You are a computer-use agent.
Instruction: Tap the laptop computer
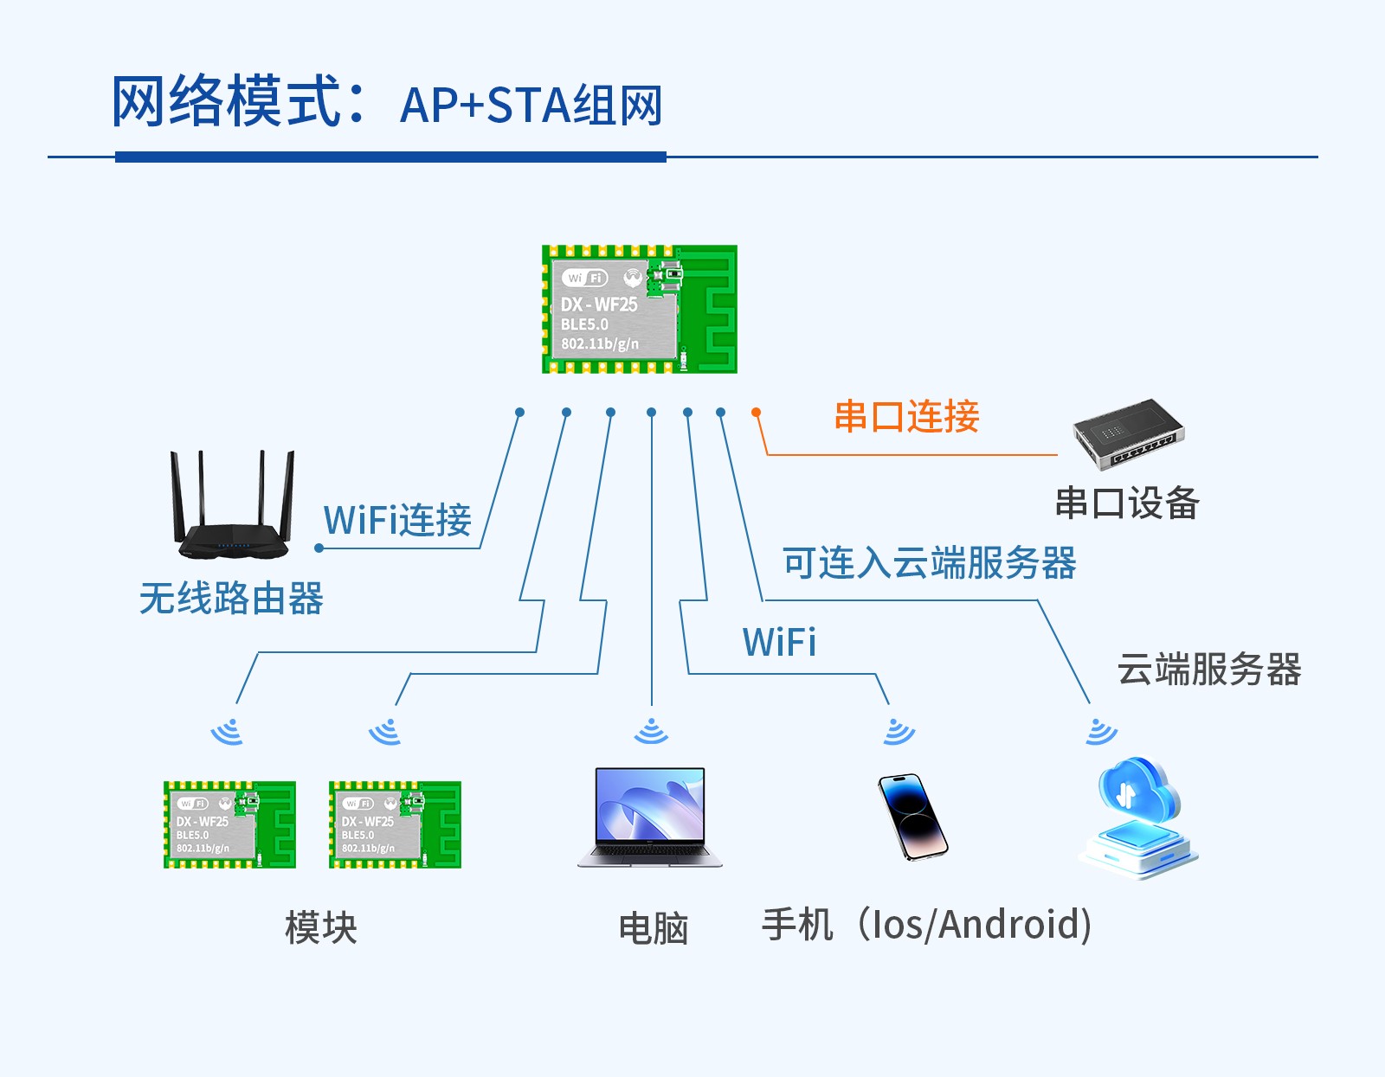[650, 817]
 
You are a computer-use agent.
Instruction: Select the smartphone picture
[912, 817]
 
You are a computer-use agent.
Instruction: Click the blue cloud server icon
[1138, 817]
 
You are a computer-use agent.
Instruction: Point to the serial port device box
[1128, 434]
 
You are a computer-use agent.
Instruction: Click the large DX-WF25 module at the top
[640, 310]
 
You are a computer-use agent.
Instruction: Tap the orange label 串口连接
[906, 417]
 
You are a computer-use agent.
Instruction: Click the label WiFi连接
[397, 521]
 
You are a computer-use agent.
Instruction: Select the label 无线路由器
[231, 599]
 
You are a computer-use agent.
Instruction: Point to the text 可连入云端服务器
[929, 564]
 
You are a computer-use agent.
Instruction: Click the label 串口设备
[1126, 503]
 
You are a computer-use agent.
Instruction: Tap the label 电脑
[654, 929]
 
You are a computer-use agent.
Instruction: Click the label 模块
[321, 928]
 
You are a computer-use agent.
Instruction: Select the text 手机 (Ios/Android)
[926, 925]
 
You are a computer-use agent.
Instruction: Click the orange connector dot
[757, 413]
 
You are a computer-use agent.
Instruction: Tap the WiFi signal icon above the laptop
[651, 732]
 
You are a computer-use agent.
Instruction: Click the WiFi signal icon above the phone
[898, 732]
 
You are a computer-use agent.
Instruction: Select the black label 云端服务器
[1208, 670]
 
